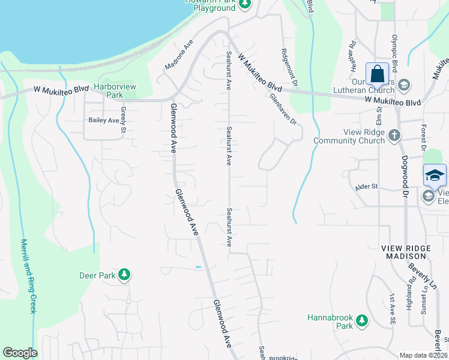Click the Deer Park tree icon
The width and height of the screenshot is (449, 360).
pos(124,275)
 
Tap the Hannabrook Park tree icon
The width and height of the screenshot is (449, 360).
pos(361,321)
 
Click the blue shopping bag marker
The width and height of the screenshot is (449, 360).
pos(378,74)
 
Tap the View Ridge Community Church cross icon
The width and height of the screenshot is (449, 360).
pos(394,136)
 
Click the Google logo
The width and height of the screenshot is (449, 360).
pos(20,353)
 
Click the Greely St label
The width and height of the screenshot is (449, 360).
pos(123,120)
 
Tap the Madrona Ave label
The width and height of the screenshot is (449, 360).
pos(178,55)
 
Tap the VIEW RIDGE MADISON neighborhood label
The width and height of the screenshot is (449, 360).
pos(406,252)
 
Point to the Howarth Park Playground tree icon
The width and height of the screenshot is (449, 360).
pos(244,4)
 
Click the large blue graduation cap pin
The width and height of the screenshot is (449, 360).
pos(435,175)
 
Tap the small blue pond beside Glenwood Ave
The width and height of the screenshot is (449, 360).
pos(199,266)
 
